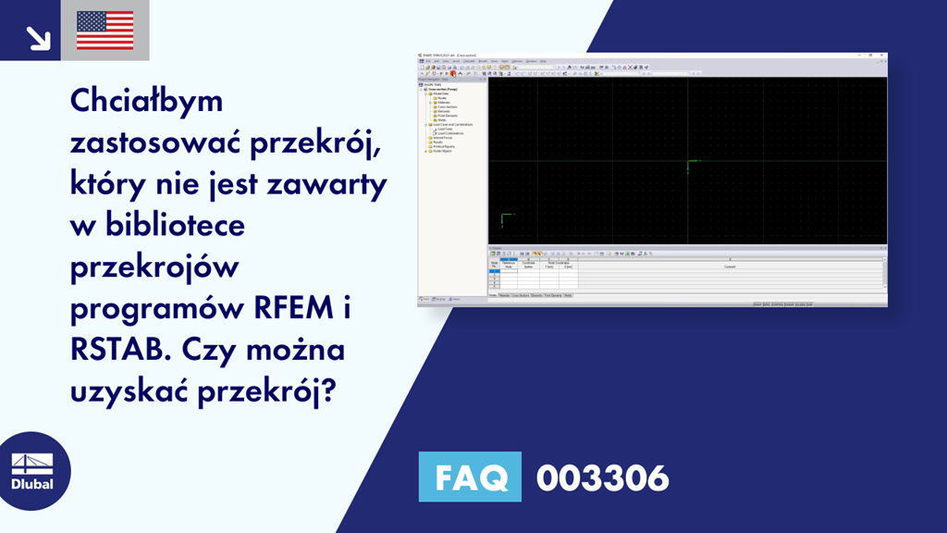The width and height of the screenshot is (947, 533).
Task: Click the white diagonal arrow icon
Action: [x=37, y=37]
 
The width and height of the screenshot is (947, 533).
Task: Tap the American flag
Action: [x=105, y=31]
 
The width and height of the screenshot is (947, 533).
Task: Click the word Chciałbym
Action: [x=147, y=101]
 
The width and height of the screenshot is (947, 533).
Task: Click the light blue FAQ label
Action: [x=470, y=477]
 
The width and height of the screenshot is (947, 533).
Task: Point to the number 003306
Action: [x=602, y=478]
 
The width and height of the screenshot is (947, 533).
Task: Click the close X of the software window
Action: [x=883, y=56]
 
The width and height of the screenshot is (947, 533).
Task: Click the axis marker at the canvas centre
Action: [x=688, y=166]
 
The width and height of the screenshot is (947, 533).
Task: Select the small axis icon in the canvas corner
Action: [x=503, y=219]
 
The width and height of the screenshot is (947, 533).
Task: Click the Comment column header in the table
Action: [x=730, y=265]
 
